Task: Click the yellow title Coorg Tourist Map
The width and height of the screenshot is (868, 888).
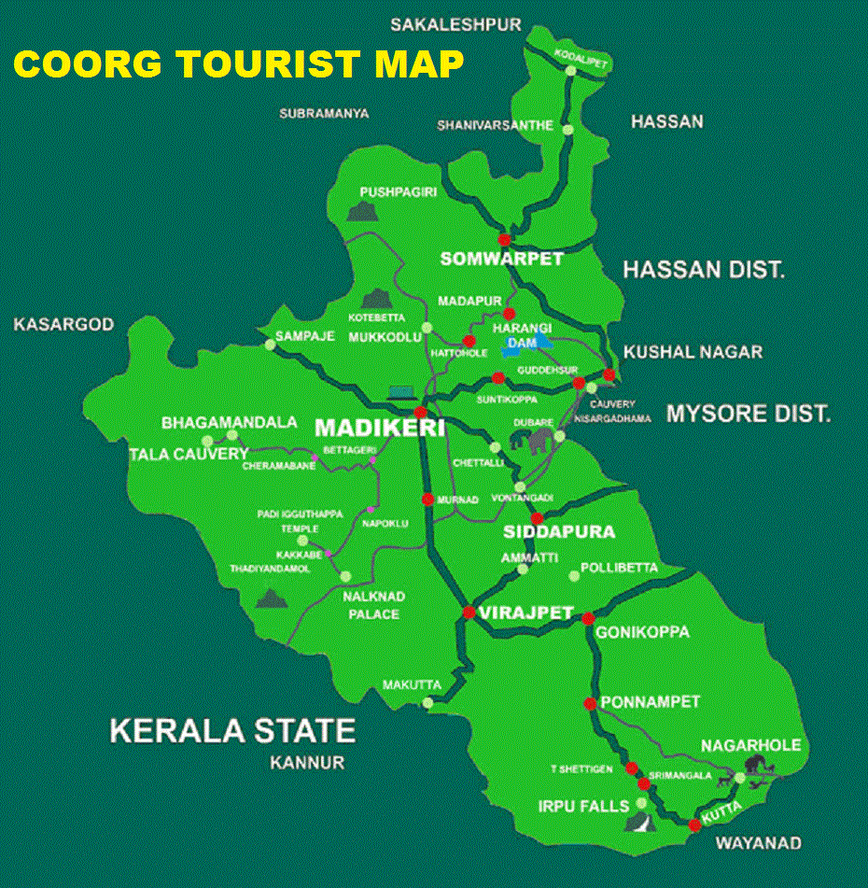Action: [x=238, y=63]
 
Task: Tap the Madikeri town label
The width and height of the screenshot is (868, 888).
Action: [x=379, y=429]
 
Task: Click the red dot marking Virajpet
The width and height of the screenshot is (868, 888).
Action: [x=469, y=613]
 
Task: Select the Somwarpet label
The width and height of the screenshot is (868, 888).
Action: [x=503, y=259]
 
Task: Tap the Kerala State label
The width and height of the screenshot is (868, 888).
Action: [x=232, y=729]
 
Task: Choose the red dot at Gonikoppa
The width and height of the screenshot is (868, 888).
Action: [x=588, y=618]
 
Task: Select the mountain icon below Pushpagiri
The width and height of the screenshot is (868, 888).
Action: [x=360, y=211]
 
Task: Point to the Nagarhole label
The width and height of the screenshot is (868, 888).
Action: [x=751, y=745]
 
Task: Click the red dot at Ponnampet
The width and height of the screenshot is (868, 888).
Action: [x=590, y=703]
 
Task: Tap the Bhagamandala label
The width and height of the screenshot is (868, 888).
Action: [x=230, y=423]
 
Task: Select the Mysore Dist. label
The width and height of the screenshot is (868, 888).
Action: [x=748, y=413]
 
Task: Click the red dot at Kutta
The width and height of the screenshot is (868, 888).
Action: [x=694, y=825]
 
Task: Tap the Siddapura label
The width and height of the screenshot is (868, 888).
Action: [x=559, y=532]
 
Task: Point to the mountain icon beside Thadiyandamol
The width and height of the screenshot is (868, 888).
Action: [x=272, y=598]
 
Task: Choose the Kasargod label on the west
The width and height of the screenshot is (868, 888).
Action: [x=63, y=325]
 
